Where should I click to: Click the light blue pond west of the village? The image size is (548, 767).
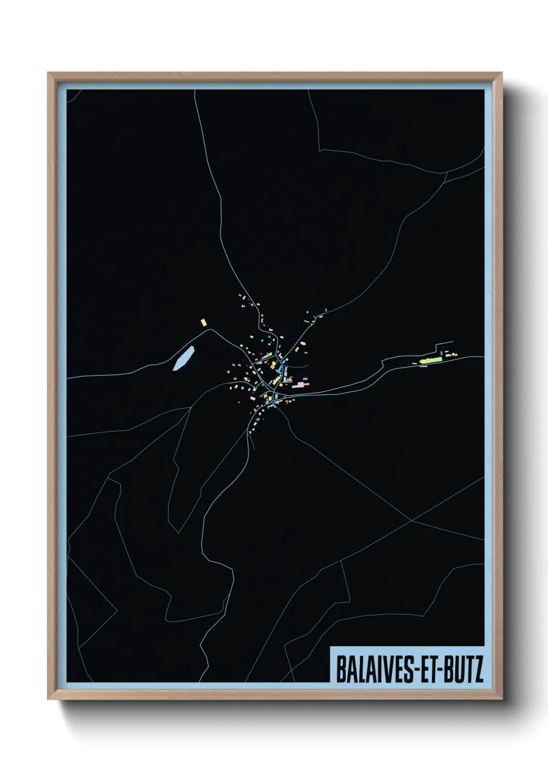click(x=183, y=358)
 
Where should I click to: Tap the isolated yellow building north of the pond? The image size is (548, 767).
click(x=204, y=322)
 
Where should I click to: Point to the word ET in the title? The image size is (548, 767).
click(x=426, y=670)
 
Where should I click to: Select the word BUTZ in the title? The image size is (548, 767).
click(x=462, y=670)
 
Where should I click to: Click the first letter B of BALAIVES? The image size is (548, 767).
click(x=341, y=670)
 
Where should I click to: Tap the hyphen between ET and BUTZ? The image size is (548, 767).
click(x=438, y=671)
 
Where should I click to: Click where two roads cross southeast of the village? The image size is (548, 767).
click(x=411, y=521)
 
